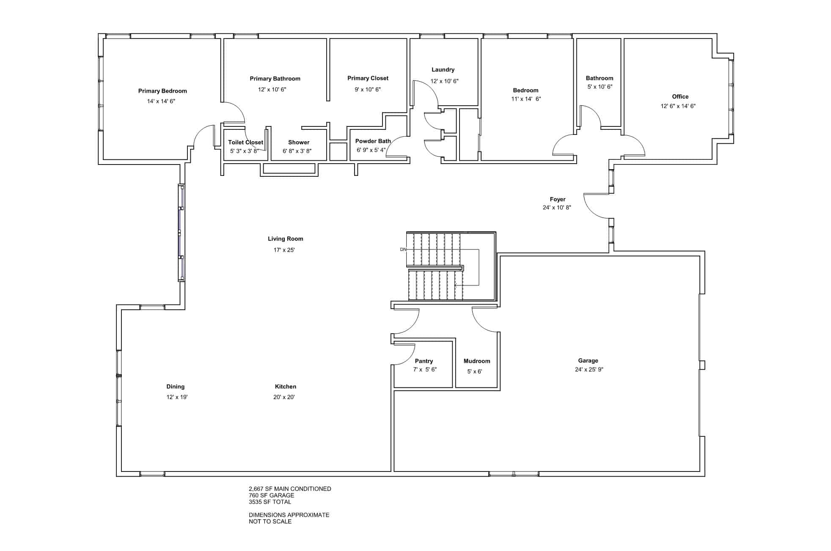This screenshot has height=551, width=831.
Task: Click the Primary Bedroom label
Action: point(162,91)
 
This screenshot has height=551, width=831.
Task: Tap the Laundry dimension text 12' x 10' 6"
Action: point(444,81)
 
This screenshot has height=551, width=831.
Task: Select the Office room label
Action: point(680,96)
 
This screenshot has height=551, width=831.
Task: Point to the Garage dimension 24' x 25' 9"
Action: point(589,370)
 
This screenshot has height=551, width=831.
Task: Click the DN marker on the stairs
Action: point(403,249)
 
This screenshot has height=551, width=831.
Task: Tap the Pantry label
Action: point(424,361)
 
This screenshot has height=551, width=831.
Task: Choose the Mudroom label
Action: point(477,361)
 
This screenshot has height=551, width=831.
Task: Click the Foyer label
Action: point(558,199)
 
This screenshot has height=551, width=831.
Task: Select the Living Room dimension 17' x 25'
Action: point(284,250)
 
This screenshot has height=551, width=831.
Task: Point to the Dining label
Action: point(176,387)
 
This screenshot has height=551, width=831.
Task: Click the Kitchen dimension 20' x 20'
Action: point(284,397)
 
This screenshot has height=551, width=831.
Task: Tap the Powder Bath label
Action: point(373,141)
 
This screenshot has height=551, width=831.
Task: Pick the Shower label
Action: point(299,143)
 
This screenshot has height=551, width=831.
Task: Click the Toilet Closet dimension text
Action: point(244,151)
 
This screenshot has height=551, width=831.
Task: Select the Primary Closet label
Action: point(368,78)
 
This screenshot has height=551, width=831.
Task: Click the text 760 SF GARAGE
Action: point(271,495)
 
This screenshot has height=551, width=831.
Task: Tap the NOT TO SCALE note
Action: point(270,521)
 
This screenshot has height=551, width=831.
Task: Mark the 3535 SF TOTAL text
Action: point(270,502)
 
